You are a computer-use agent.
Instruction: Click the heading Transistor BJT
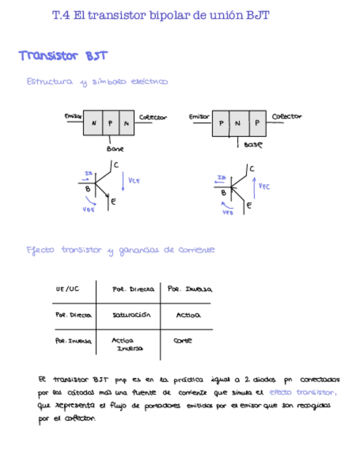coord(63,56)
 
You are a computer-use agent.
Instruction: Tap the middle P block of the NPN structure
coord(110,123)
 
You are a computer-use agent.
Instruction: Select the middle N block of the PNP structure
coord(238,123)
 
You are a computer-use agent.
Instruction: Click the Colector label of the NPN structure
coord(153,117)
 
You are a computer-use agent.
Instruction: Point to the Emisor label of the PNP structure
coord(199,116)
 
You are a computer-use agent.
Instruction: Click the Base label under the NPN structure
coord(115,149)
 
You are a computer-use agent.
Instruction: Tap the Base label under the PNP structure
coord(253,145)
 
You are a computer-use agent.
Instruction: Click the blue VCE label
coord(134,180)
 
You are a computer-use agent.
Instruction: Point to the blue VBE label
coord(88,209)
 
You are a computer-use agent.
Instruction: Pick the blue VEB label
coord(228,212)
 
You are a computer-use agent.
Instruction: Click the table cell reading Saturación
coord(131,315)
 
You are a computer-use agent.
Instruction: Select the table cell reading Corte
coord(183,341)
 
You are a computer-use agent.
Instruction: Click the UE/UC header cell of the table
coord(67,288)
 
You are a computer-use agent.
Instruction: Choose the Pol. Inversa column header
coord(190,289)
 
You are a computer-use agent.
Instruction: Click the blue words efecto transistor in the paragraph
coord(303,392)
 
